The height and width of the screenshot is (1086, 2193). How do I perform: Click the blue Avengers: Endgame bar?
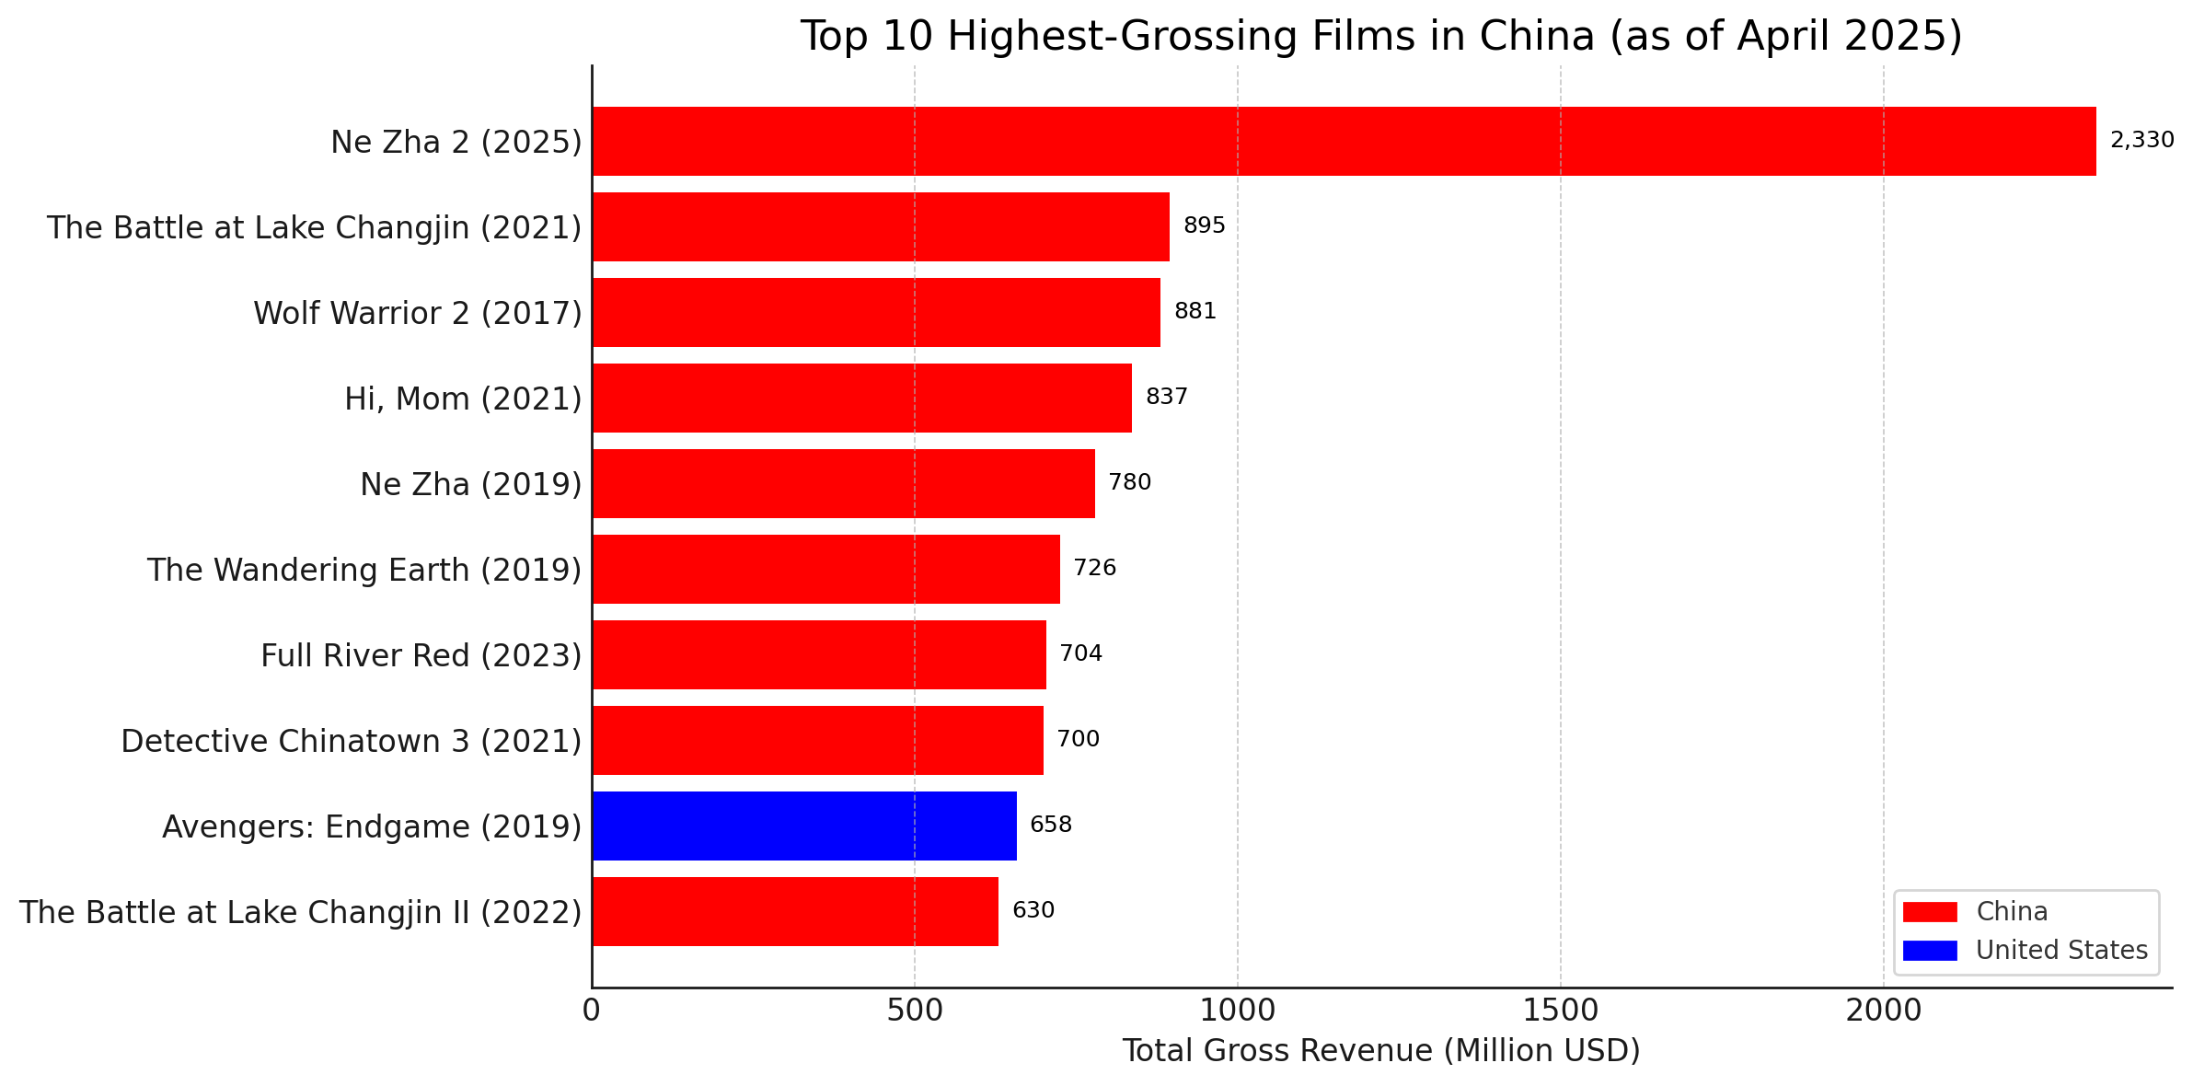pyautogui.click(x=804, y=826)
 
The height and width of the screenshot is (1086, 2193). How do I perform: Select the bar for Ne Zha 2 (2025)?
pyautogui.click(x=1344, y=141)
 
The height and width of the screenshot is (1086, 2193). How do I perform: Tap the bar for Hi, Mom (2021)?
pyautogui.click(x=861, y=398)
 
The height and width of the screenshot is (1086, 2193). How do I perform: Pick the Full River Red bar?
pyautogui.click(x=819, y=654)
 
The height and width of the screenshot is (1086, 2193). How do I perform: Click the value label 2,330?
pyautogui.click(x=2141, y=140)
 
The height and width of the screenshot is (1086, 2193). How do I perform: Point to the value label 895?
pyautogui.click(x=1204, y=225)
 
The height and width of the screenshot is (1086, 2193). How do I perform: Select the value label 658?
pyautogui.click(x=1050, y=825)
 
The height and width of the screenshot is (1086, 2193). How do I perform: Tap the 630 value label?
pyautogui.click(x=1033, y=910)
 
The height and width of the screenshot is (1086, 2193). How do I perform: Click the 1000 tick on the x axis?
pyautogui.click(x=1237, y=1011)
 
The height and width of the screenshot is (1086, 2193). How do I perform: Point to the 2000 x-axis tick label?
pyautogui.click(x=1883, y=1011)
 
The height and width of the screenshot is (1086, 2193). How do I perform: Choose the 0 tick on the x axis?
pyautogui.click(x=592, y=1011)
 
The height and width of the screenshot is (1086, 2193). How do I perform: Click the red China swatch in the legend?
pyautogui.click(x=1930, y=912)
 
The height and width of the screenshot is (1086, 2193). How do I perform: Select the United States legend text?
pyautogui.click(x=2061, y=951)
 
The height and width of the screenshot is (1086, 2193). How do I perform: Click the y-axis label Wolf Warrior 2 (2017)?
pyautogui.click(x=418, y=313)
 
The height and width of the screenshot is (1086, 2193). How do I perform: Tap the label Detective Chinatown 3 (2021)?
pyautogui.click(x=351, y=741)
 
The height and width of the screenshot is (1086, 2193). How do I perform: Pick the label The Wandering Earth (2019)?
pyautogui.click(x=364, y=570)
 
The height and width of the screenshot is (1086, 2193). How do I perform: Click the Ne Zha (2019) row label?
pyautogui.click(x=470, y=484)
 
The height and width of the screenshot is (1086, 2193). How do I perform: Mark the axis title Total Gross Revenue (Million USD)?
pyautogui.click(x=1380, y=1050)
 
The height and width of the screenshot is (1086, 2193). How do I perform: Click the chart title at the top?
pyautogui.click(x=1380, y=36)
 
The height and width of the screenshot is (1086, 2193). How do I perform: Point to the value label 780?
pyautogui.click(x=1129, y=482)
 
